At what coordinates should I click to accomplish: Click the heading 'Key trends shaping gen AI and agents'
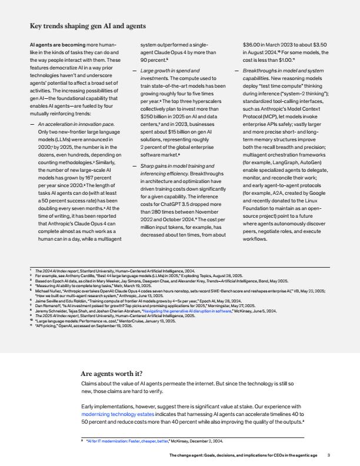click(88, 26)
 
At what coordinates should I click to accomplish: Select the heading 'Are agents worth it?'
click(111, 373)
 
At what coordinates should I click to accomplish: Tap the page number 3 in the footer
click(329, 455)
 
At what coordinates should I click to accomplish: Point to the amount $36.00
click(255, 44)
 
